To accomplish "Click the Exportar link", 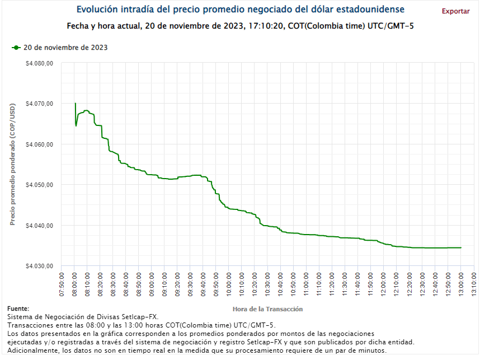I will coord(455,11).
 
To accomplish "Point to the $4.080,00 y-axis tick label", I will coord(39,63).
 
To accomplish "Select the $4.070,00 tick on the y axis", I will coord(39,104).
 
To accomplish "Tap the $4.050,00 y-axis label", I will coord(39,185).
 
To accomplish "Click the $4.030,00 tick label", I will coord(39,266).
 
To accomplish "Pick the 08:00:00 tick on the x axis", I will coord(75,284).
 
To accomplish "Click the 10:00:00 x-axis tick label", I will coord(229,284).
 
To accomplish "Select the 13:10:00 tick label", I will coord(474,284).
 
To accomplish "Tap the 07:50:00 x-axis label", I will coord(62,284).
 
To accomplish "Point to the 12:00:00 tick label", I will coord(384,284).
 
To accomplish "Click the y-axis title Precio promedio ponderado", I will coord(12,165).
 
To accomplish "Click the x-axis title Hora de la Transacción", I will coord(267,308).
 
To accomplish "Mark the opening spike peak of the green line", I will coord(75,104).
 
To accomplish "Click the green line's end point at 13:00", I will coord(461,247).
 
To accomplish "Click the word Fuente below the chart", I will coord(18,308).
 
